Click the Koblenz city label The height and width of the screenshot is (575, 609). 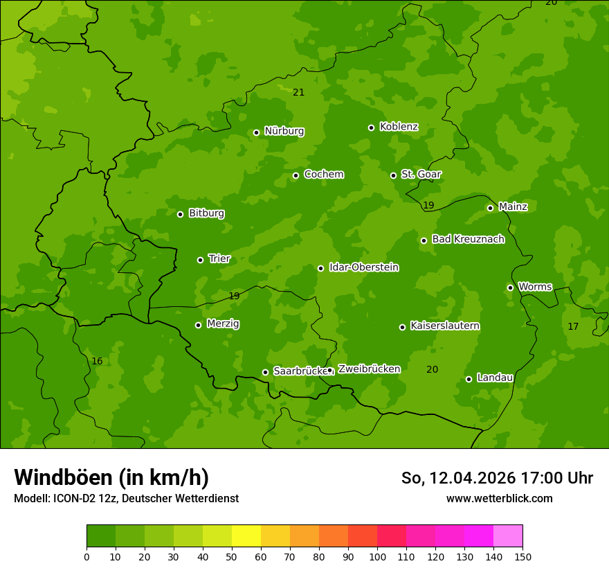tap(399, 127)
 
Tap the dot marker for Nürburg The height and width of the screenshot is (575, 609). tap(256, 132)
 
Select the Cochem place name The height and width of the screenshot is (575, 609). tap(323, 175)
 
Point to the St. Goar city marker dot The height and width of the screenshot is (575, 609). tap(393, 175)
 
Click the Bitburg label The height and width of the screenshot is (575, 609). tap(206, 213)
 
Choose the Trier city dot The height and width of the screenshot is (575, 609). tap(200, 260)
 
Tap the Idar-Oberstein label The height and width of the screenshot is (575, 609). tap(363, 267)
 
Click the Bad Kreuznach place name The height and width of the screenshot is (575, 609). tap(468, 239)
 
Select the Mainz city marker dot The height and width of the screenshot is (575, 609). tap(490, 208)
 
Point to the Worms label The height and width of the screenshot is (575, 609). tap(535, 287)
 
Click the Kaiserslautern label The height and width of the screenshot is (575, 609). tap(444, 326)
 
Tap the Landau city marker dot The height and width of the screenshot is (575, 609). tap(469, 379)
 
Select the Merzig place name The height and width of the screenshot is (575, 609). tap(223, 324)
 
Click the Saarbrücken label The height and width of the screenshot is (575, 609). tap(300, 371)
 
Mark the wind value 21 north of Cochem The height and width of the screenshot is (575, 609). tap(298, 92)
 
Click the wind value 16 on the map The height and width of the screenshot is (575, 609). tap(97, 361)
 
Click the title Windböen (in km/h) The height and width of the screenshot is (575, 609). tap(111, 477)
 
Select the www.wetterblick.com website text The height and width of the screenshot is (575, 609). tap(499, 498)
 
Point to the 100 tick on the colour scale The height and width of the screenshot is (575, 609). tap(377, 556)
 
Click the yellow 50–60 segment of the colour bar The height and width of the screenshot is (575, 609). tap(246, 536)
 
